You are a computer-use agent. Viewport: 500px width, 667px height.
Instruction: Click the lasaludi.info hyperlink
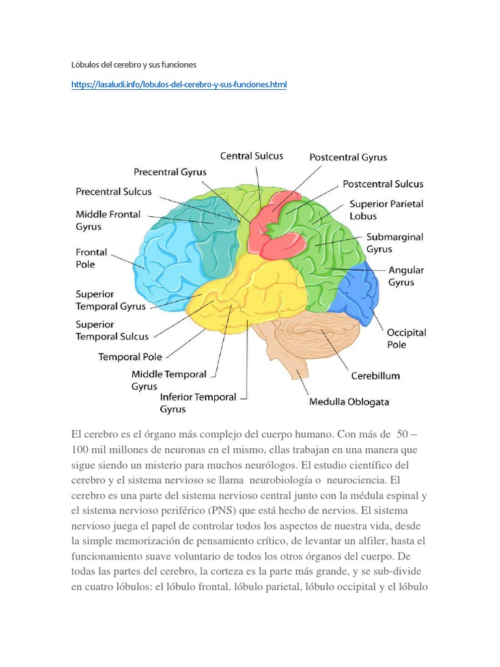pyautogui.click(x=179, y=85)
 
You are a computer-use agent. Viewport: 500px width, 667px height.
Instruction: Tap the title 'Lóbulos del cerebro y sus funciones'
pyautogui.click(x=134, y=65)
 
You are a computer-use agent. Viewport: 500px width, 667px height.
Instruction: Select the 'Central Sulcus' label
pyautogui.click(x=252, y=156)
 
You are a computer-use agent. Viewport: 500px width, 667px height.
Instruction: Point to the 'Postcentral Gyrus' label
pyautogui.click(x=348, y=158)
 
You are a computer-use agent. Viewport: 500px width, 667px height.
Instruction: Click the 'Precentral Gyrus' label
pyautogui.click(x=170, y=172)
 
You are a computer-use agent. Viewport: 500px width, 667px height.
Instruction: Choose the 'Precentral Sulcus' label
pyautogui.click(x=113, y=192)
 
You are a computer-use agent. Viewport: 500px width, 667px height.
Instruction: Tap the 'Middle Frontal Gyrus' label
pyautogui.click(x=108, y=220)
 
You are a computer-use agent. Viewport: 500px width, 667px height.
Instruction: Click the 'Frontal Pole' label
pyautogui.click(x=91, y=258)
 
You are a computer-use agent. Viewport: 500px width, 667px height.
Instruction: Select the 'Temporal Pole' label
pyautogui.click(x=130, y=357)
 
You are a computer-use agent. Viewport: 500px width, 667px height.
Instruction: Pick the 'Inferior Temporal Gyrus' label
pyautogui.click(x=198, y=403)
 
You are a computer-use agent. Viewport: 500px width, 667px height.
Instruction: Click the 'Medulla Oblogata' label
pyautogui.click(x=349, y=402)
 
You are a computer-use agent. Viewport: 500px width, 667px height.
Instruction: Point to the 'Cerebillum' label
pyautogui.click(x=376, y=376)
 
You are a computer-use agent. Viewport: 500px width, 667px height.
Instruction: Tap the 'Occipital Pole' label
pyautogui.click(x=406, y=339)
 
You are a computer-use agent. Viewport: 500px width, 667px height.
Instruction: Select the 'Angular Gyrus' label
pyautogui.click(x=406, y=276)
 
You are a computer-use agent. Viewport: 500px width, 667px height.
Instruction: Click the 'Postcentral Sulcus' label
pyautogui.click(x=383, y=184)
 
